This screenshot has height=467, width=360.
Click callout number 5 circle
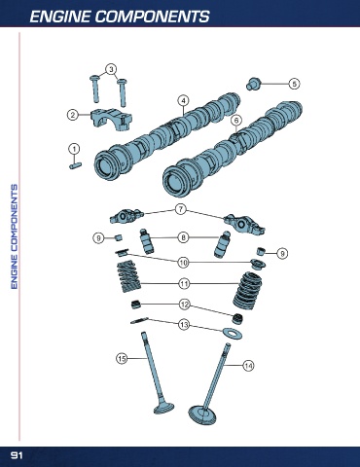coord(294,84)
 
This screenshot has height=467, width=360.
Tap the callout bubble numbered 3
coord(111,69)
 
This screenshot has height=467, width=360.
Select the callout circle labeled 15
coord(122,358)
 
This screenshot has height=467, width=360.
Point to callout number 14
coord(248,366)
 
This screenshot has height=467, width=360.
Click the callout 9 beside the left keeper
coord(98,238)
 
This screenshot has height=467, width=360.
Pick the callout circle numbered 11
coord(184,284)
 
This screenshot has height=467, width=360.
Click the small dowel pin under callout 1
coord(76,165)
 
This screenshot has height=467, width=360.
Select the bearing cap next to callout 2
coord(111,120)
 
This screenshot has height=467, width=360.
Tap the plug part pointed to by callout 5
coord(253,84)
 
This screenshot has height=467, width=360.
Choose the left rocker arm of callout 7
coord(126,216)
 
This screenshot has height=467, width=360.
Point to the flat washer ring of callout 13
coord(233,333)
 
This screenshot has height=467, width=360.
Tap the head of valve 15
coord(163,408)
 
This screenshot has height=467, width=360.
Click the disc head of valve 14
coord(202,415)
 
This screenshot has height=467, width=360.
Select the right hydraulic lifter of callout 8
coord(222,244)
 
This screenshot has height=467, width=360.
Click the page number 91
coord(17,455)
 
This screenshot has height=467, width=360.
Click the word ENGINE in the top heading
coord(59,17)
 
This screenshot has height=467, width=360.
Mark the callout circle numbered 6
coord(236,121)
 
